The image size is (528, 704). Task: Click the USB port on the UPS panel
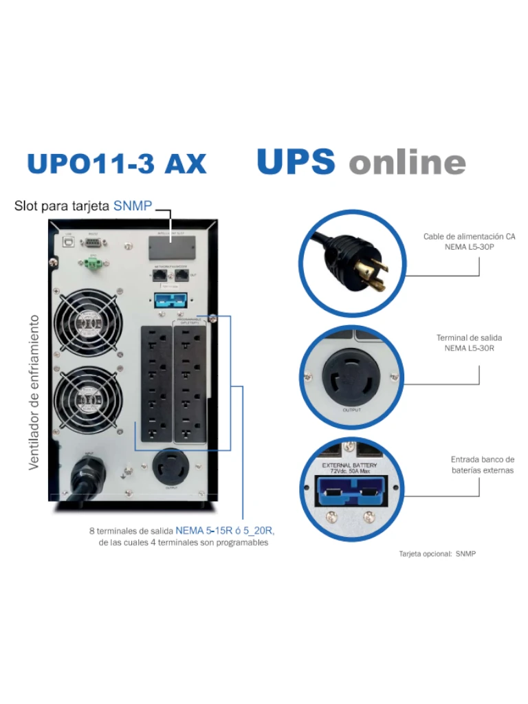coord(68,242)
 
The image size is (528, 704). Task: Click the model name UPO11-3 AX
coord(116,164)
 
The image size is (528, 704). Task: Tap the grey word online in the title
coord(407,163)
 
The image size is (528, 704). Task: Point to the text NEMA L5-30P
coord(470,247)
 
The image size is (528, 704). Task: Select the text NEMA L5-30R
coord(470,349)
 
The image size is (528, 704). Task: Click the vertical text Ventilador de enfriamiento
coord(34,393)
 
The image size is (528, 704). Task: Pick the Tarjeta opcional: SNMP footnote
coord(437,553)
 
